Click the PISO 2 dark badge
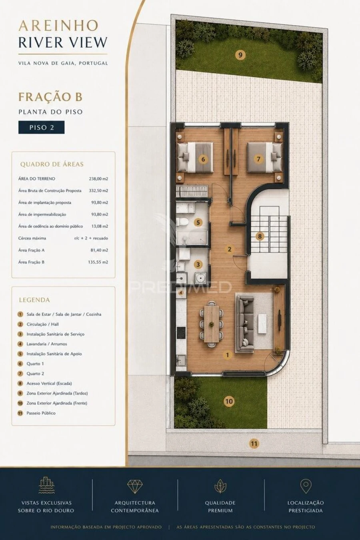(x=42, y=127)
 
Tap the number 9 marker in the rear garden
(x=240, y=55)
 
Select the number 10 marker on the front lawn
(x=229, y=401)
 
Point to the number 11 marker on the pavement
(x=254, y=444)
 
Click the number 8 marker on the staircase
(x=260, y=236)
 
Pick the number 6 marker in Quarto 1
(x=203, y=159)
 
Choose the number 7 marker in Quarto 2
(x=258, y=159)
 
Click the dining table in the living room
(x=211, y=324)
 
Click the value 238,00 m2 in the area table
(x=98, y=179)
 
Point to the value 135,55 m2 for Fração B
(x=98, y=262)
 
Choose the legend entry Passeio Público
(x=41, y=413)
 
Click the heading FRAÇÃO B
(x=50, y=97)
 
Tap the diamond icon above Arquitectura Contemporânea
(x=135, y=486)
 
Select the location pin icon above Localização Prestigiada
(x=306, y=486)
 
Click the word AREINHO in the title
(x=59, y=26)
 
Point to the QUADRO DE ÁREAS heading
(x=52, y=165)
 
